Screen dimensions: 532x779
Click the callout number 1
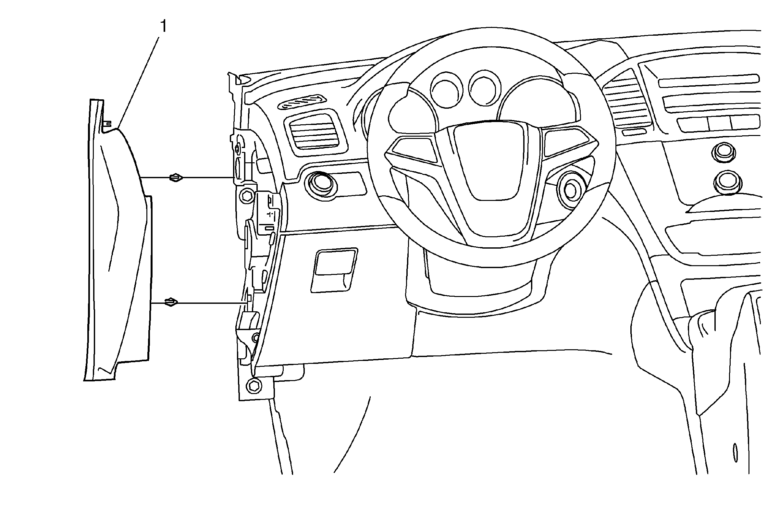(x=164, y=26)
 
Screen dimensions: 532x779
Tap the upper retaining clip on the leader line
(x=176, y=177)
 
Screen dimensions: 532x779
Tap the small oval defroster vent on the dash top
(x=302, y=103)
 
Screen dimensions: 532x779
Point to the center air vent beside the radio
(x=627, y=101)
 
